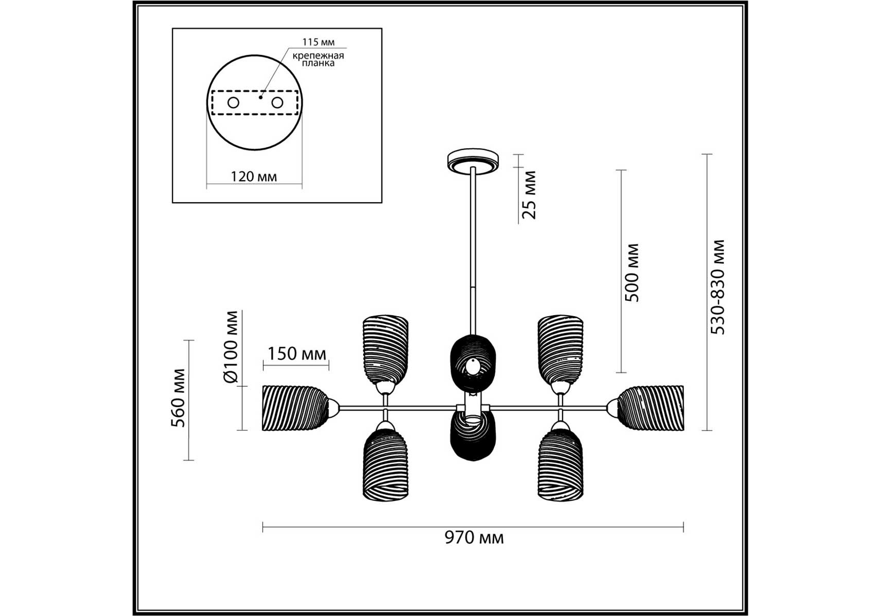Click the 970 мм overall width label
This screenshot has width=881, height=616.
click(x=474, y=537)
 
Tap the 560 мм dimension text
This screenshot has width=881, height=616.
click(x=178, y=398)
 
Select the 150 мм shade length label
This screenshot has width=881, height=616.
click(x=296, y=353)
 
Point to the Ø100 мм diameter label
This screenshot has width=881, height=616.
click(x=232, y=347)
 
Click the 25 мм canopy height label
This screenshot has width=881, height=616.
click(x=529, y=195)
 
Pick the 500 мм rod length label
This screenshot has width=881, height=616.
click(x=632, y=273)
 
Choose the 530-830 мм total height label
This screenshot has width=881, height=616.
click(x=718, y=287)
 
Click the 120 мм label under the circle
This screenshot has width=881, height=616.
click(x=254, y=177)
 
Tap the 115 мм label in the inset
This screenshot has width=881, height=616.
click(x=318, y=42)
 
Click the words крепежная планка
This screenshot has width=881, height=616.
click(x=318, y=60)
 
